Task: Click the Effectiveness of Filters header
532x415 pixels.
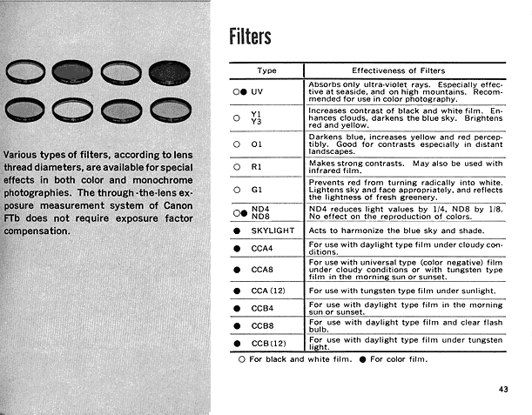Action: point(398,70)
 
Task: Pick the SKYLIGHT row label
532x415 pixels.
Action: point(273,231)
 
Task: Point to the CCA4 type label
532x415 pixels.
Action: point(263,249)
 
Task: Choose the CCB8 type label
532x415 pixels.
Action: point(263,325)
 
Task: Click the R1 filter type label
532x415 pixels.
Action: point(256,165)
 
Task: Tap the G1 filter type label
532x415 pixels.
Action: point(256,189)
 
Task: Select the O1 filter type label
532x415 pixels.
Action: point(256,144)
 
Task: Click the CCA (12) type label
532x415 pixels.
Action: point(268,290)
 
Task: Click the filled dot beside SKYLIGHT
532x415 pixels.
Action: point(238,231)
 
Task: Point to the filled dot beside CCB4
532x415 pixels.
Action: point(238,307)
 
